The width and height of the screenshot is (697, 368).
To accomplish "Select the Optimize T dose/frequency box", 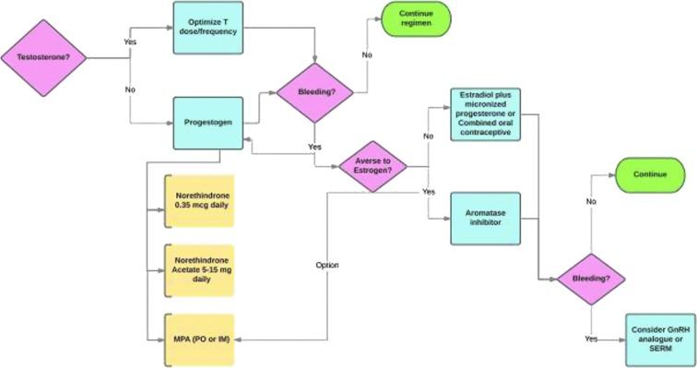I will pyautogui.click(x=209, y=28).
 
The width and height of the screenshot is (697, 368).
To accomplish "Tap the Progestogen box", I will pyautogui.click(x=209, y=121).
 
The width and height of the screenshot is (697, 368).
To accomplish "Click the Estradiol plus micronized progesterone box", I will pyautogui.click(x=485, y=114).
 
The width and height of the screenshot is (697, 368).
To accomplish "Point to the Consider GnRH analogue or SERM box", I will pyautogui.click(x=658, y=338).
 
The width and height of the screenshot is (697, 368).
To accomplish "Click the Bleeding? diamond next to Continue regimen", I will pyautogui.click(x=316, y=92).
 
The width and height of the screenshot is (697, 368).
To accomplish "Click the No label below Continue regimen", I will pyautogui.click(x=367, y=55).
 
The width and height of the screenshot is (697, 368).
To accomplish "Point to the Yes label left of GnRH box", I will pyautogui.click(x=590, y=338).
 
